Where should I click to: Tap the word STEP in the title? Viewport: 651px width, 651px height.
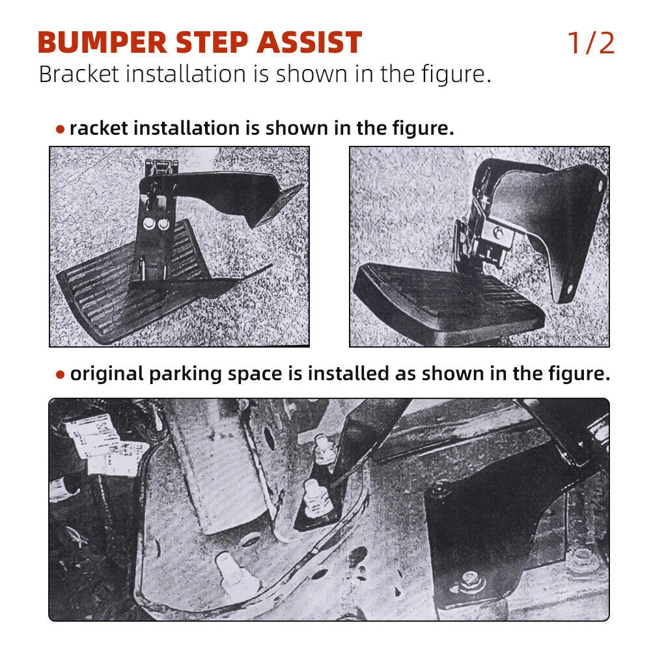click(x=212, y=43)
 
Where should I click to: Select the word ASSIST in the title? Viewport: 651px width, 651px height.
click(x=309, y=43)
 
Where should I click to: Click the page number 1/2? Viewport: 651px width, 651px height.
click(x=591, y=43)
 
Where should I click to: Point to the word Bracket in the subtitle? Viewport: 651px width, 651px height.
click(x=79, y=74)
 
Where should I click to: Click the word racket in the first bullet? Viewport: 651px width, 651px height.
click(x=99, y=128)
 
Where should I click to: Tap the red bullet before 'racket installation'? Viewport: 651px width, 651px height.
click(x=60, y=130)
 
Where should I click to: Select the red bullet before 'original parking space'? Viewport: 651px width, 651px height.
click(x=60, y=375)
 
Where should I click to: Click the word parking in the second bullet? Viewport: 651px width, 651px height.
click(x=185, y=374)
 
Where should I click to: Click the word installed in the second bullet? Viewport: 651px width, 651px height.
click(x=348, y=374)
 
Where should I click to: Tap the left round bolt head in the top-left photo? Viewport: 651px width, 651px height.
click(x=148, y=225)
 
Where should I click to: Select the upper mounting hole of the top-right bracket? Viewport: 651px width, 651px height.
click(x=600, y=186)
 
